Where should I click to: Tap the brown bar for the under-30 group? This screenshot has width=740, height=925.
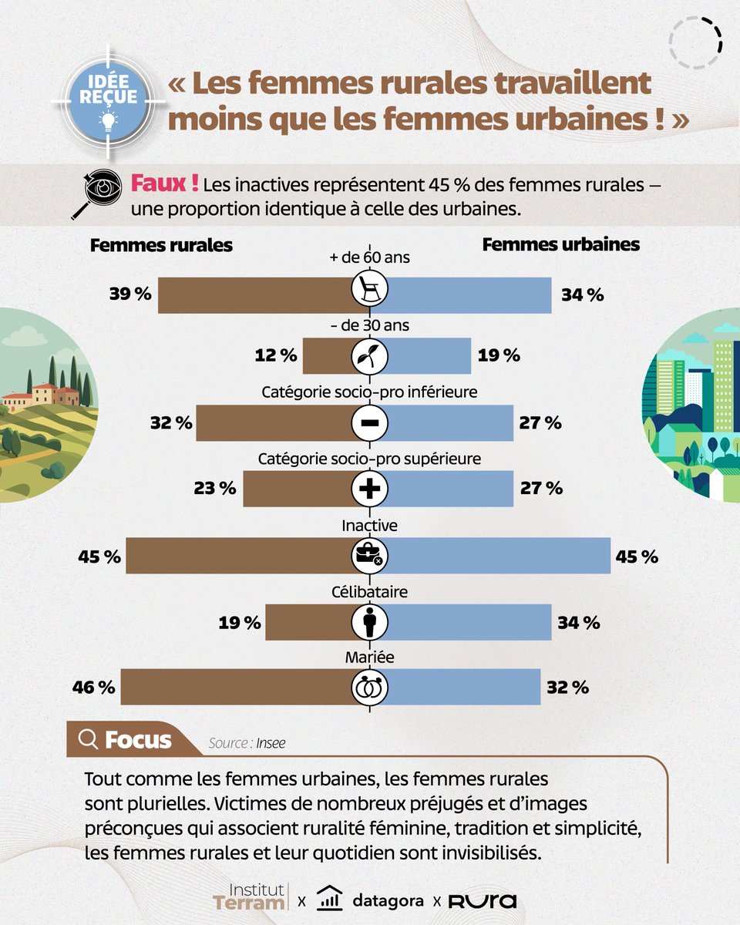coord(327,355)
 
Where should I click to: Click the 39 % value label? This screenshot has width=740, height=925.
coord(131,295)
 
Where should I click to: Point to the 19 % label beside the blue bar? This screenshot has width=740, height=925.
coord(499,355)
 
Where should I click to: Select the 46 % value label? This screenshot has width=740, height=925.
coord(94,687)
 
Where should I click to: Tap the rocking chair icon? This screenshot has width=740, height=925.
coord(369,289)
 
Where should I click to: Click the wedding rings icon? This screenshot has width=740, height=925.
coord(369,687)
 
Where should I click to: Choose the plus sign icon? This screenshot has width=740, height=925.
coord(369,489)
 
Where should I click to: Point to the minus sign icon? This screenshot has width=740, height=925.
coord(369,422)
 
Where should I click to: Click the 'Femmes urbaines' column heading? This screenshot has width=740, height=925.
coord(560,244)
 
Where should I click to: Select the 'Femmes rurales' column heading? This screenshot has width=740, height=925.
coord(161,246)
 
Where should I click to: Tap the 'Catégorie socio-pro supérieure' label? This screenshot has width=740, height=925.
coord(369,459)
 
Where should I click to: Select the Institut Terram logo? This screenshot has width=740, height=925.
coord(250,896)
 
